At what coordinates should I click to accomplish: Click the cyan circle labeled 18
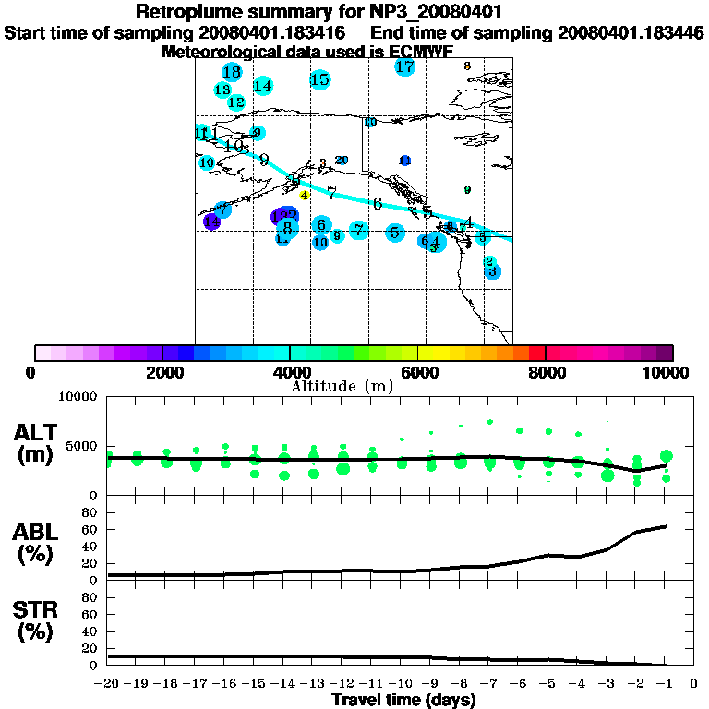pyautogui.click(x=232, y=72)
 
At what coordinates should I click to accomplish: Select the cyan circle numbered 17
pyautogui.click(x=404, y=66)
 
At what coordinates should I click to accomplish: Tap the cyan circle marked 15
pyautogui.click(x=320, y=80)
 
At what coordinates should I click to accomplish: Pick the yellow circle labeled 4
pyautogui.click(x=304, y=195)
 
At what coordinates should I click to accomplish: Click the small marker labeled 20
pyautogui.click(x=342, y=161)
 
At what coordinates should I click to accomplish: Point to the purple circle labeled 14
pyautogui.click(x=212, y=222)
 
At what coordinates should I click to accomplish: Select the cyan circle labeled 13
pyautogui.click(x=222, y=90)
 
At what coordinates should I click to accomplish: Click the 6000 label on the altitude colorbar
pyautogui.click(x=418, y=372)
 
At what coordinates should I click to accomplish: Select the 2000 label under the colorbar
pyautogui.click(x=162, y=372)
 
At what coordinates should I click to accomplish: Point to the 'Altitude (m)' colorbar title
pyautogui.click(x=342, y=385)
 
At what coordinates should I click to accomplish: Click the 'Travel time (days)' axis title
pyautogui.click(x=403, y=701)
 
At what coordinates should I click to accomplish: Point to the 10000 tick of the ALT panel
pyautogui.click(x=78, y=399)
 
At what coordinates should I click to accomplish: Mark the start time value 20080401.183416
pyautogui.click(x=273, y=32)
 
